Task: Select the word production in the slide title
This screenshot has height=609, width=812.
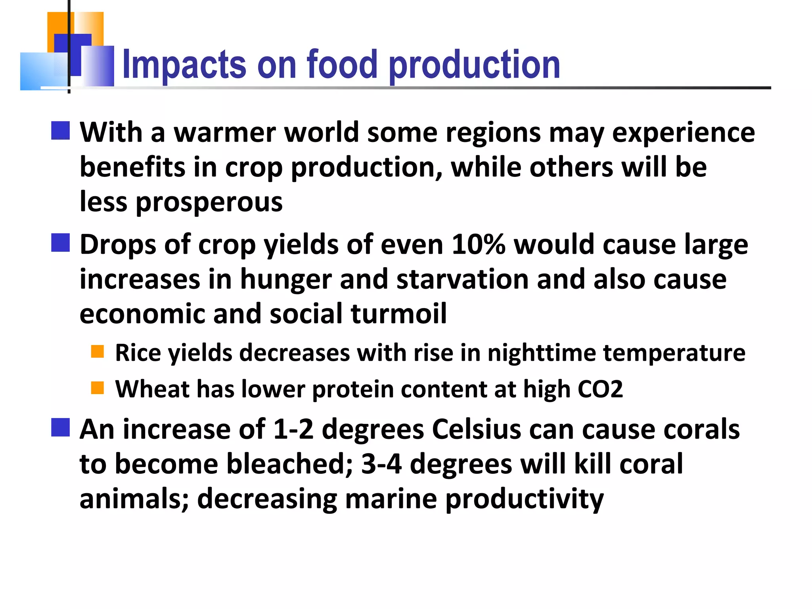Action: point(475,65)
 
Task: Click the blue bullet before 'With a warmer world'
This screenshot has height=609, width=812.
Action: point(61,130)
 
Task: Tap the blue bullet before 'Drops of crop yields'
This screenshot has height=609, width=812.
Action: point(61,243)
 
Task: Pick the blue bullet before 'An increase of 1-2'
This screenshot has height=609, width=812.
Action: point(61,427)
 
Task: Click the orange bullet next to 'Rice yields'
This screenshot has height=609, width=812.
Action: point(98,351)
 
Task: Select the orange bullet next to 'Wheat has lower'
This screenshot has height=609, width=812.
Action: point(98,388)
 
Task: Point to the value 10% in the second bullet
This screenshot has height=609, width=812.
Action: point(479,244)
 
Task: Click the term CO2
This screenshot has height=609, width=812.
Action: point(600,389)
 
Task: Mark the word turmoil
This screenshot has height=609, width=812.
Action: point(398,314)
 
